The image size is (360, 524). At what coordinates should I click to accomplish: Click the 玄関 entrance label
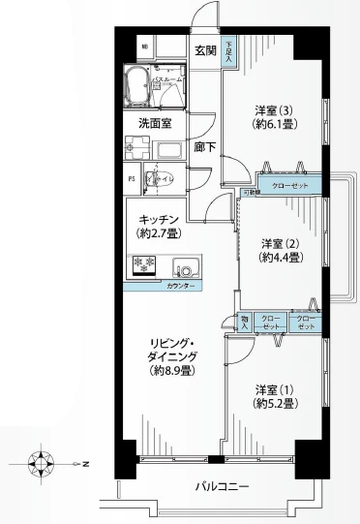coord(204,50)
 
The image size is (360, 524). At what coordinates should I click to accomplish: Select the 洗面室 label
coord(154,123)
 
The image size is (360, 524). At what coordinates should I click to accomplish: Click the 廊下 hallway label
coord(204,147)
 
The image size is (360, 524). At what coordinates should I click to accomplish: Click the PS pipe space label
coord(131,179)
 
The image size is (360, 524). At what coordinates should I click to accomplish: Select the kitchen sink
coord(184,268)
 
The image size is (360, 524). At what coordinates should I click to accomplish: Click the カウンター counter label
coord(181,288)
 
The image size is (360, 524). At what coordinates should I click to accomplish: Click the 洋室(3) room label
coord(275,109)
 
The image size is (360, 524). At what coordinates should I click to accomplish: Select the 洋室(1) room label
coord(275,389)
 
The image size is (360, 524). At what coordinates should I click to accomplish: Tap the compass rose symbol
coord(44,463)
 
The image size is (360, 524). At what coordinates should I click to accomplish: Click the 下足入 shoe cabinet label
coord(229,50)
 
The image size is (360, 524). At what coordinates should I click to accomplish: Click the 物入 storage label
coord(246,322)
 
